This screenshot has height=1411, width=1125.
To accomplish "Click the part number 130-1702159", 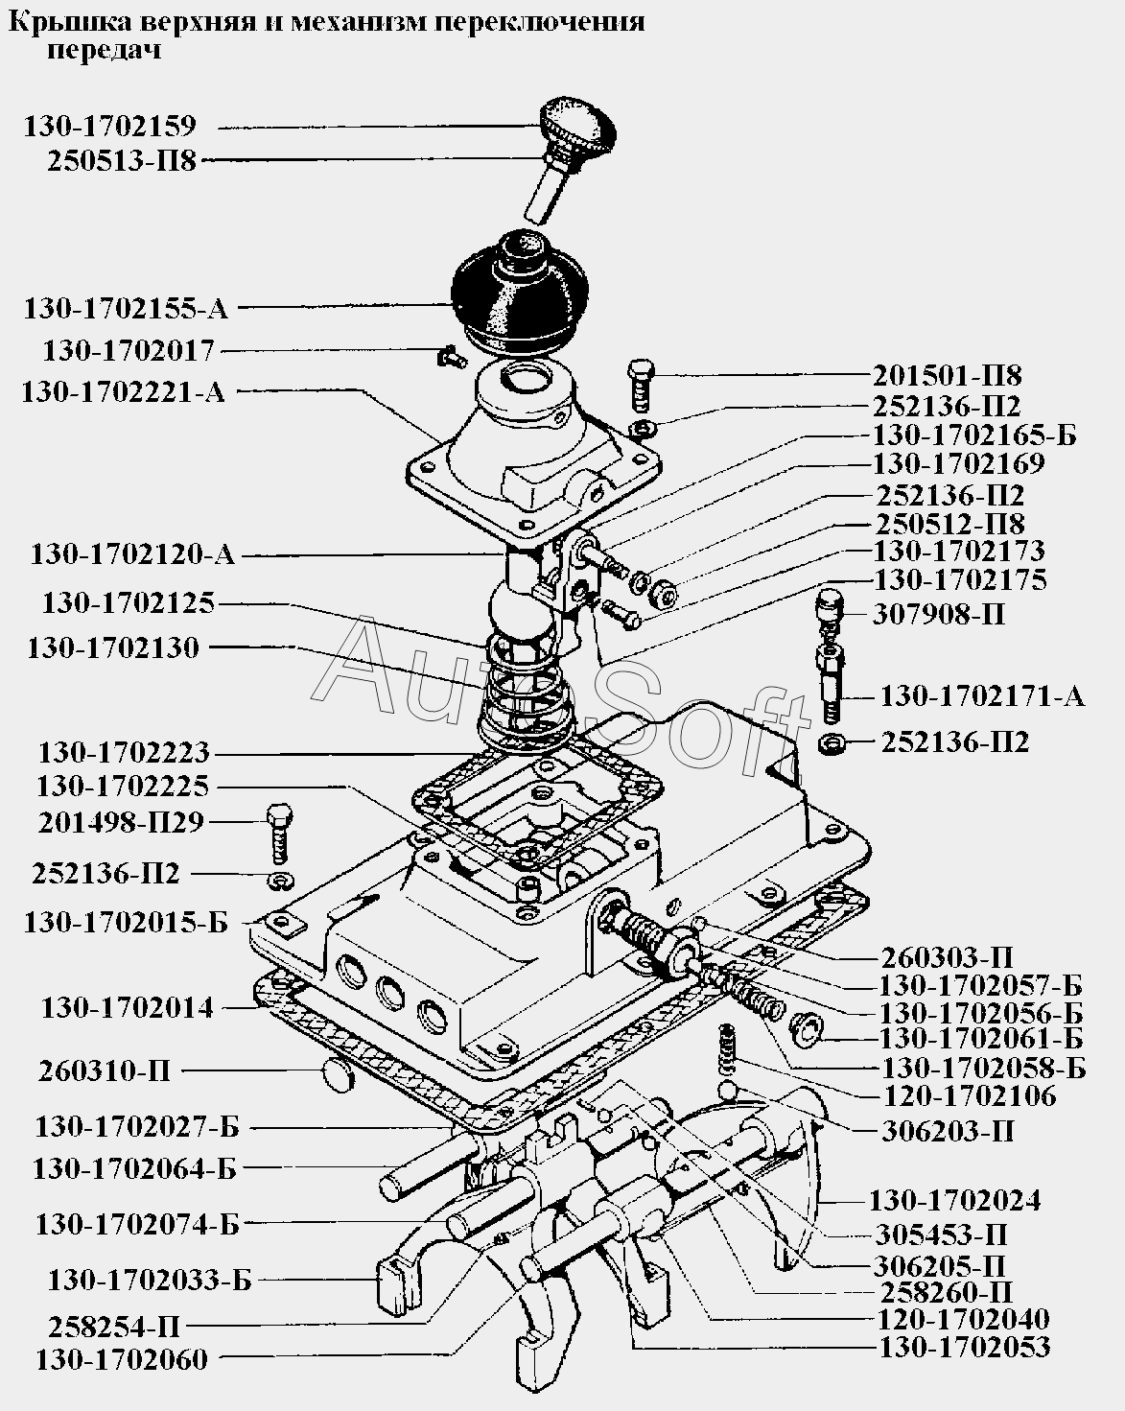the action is click(109, 127).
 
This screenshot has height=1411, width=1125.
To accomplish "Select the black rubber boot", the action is click(521, 294).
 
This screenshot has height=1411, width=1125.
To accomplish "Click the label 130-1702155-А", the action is click(126, 309).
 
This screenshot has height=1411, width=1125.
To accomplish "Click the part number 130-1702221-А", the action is click(124, 392).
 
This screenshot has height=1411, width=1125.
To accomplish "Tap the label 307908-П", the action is click(939, 615).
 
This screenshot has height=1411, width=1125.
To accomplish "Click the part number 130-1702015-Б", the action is click(126, 923).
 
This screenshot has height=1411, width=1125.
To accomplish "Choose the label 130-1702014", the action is click(128, 1008).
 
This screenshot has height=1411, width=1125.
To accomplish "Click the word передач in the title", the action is click(104, 51).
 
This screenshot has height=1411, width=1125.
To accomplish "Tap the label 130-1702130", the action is click(113, 648).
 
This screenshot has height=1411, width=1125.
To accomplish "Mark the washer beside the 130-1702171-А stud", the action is click(832, 744).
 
